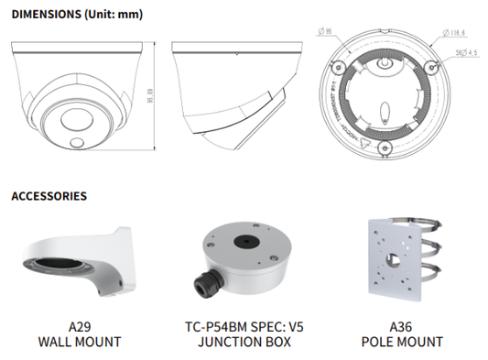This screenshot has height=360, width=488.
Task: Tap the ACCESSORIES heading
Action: pyautogui.click(x=49, y=196)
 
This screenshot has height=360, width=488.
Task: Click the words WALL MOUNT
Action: pyautogui.click(x=81, y=342)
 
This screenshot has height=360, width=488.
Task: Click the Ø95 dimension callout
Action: pyautogui.click(x=326, y=34)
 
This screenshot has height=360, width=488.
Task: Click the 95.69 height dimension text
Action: pyautogui.click(x=161, y=95)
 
